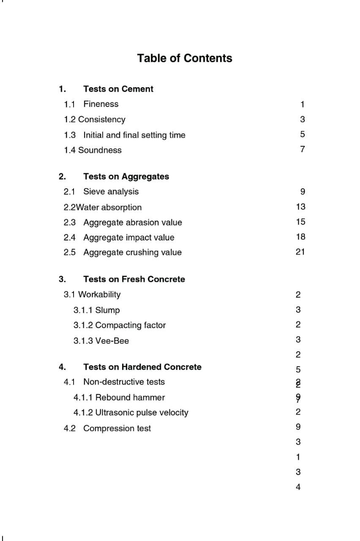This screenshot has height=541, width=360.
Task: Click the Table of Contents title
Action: coord(184,58)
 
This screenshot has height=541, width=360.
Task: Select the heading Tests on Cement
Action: coord(118,89)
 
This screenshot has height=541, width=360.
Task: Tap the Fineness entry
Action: coord(101,104)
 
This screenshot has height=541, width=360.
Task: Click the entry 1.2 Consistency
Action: coord(95,120)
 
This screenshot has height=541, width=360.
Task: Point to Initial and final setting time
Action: coord(134,135)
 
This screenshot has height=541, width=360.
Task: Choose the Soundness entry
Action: coord(93,150)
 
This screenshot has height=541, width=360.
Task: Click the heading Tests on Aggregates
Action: coord(126,177)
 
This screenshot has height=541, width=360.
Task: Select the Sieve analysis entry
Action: coord(111,192)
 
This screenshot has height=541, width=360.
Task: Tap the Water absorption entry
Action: coord(103,208)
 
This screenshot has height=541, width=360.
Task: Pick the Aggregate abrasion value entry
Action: coord(132,222)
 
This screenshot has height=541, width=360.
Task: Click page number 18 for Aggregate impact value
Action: coord(300,237)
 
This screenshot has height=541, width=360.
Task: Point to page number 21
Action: coord(300,252)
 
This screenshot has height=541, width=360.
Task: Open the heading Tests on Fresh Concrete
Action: coord(134,279)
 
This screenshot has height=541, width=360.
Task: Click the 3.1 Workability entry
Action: coord(92,295)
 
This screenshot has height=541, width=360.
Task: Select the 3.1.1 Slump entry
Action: coord(96,310)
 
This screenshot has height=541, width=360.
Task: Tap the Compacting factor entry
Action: coord(119,325)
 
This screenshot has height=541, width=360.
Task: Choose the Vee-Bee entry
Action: coord(101,341)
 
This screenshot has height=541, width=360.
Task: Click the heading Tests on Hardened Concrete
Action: coord(142,367)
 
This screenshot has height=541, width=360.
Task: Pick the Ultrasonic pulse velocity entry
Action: coord(131,413)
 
